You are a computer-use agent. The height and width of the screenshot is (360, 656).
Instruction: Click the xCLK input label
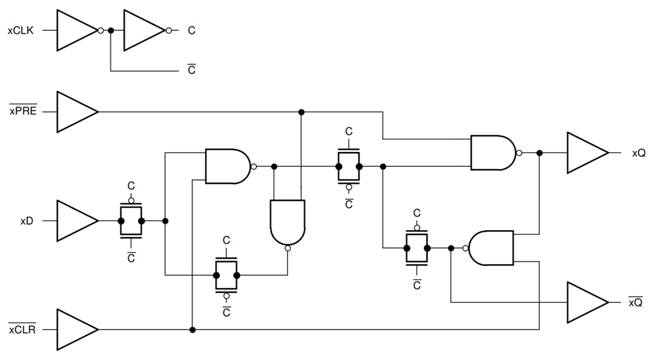21,30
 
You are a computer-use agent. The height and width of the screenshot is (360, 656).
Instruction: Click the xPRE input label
23,111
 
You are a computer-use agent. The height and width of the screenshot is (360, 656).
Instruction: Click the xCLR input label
23,329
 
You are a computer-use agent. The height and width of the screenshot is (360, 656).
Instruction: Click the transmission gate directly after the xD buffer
131,221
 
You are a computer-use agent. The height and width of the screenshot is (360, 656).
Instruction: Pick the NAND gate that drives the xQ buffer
493,153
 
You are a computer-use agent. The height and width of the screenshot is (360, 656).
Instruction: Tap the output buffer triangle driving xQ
586,153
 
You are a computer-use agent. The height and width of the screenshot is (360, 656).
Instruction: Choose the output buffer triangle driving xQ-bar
586,302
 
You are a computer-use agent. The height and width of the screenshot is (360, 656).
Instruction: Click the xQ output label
639,153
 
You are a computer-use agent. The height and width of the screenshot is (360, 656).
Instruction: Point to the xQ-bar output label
635,302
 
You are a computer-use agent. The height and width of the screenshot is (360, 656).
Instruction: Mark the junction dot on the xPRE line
301,111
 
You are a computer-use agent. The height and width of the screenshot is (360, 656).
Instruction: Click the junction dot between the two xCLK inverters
111,30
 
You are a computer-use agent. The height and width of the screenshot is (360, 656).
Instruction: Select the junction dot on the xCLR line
192,329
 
